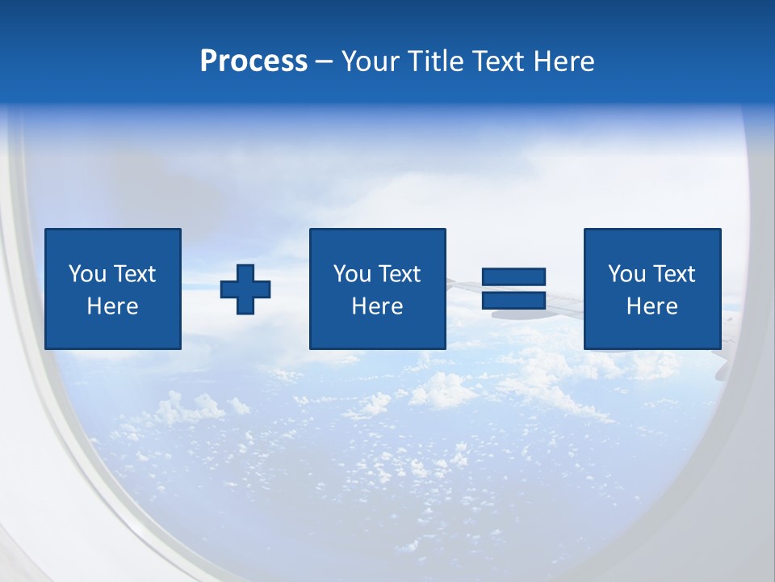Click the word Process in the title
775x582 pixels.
[253, 61]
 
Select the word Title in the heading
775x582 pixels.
[435, 61]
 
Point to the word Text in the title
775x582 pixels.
[497, 61]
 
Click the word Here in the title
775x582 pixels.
[563, 61]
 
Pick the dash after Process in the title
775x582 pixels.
[324, 62]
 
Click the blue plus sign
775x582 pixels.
[245, 289]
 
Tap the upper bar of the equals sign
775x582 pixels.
[513, 277]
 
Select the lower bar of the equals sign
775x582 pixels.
[513, 300]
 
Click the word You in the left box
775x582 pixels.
[88, 274]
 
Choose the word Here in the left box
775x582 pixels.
[112, 306]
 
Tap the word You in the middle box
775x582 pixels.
[353, 274]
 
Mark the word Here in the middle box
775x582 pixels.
[377, 306]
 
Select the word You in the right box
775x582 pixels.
[627, 274]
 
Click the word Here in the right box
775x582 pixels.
[651, 306]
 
